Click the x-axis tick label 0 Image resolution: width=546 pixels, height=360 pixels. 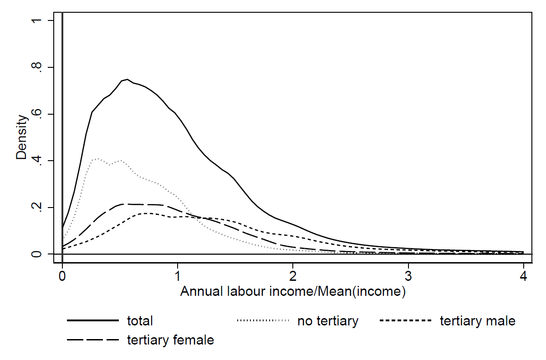click(x=62, y=276)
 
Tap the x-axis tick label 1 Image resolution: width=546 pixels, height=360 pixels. click(x=178, y=276)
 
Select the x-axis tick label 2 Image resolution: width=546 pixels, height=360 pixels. click(x=293, y=276)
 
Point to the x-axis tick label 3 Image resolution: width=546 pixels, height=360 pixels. click(x=408, y=276)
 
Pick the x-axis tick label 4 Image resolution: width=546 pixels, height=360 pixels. click(x=524, y=276)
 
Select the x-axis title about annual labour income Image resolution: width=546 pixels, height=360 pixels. click(x=293, y=291)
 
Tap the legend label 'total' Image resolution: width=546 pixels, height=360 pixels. click(x=140, y=321)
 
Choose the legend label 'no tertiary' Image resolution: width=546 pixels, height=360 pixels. click(x=328, y=321)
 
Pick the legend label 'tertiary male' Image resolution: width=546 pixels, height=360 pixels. click(x=477, y=321)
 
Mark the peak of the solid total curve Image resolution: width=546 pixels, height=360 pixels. click(x=128, y=79)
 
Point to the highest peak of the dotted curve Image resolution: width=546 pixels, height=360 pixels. click(x=96, y=158)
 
